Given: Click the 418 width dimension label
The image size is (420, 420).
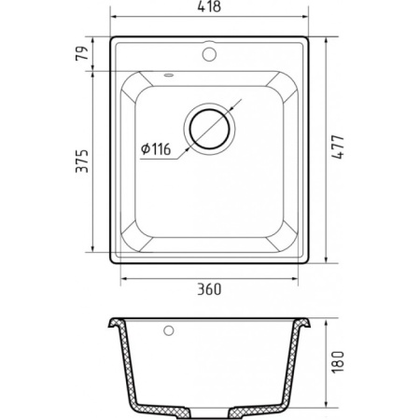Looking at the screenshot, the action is coord(209,7).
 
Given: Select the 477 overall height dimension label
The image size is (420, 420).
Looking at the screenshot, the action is coord(338,147).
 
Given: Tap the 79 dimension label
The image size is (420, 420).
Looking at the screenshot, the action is coord(82,53).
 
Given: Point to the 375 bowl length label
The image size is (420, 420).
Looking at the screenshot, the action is coord(82,161).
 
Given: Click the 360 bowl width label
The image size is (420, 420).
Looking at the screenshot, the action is coord(209,289).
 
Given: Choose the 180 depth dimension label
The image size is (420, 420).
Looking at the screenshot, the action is coord(338,362).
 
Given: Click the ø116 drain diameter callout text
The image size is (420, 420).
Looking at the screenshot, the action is coord(156,149).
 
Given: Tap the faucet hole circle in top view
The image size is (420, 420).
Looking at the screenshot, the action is coord(209,54).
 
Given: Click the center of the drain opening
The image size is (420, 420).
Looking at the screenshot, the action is coord(209,129).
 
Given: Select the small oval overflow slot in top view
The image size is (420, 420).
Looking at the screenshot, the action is coord(169,75).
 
